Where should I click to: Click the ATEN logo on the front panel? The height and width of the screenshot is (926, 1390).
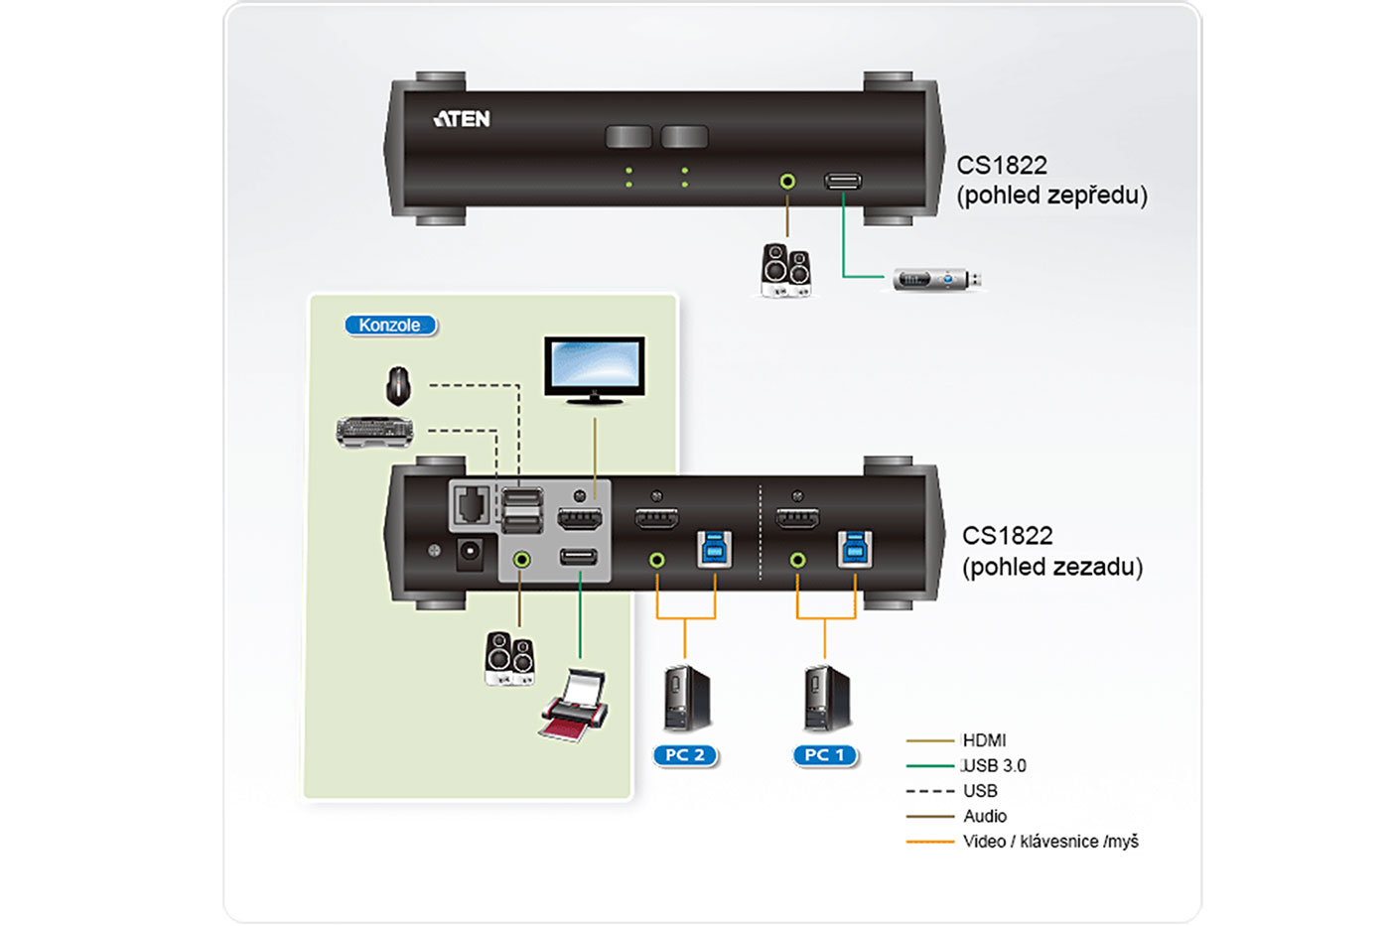462,119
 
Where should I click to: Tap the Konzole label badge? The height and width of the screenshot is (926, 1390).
389,326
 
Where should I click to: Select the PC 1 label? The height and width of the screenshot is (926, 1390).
825,755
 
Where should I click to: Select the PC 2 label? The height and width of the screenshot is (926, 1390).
685,755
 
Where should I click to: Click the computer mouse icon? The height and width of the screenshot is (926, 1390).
398,386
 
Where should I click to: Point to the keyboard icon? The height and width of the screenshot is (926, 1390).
374,432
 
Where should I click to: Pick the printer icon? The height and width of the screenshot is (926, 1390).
575,706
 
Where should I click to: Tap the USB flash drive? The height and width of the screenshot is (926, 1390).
936,280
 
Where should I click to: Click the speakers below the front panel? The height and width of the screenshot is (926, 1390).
785,270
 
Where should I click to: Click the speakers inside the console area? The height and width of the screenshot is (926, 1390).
509,658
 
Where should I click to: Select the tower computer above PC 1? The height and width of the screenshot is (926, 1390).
826,699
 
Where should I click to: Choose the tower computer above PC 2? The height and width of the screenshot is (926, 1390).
686,699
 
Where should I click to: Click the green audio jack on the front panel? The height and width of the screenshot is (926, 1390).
787,182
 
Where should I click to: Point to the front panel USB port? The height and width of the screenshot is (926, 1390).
843,181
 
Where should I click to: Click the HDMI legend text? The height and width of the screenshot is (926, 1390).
984,740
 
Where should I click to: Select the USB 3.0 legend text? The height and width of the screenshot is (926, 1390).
994,766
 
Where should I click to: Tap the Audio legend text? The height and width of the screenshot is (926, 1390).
985,817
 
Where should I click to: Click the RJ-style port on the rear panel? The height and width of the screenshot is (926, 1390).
471,505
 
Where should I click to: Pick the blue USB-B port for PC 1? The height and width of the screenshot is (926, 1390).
854,548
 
